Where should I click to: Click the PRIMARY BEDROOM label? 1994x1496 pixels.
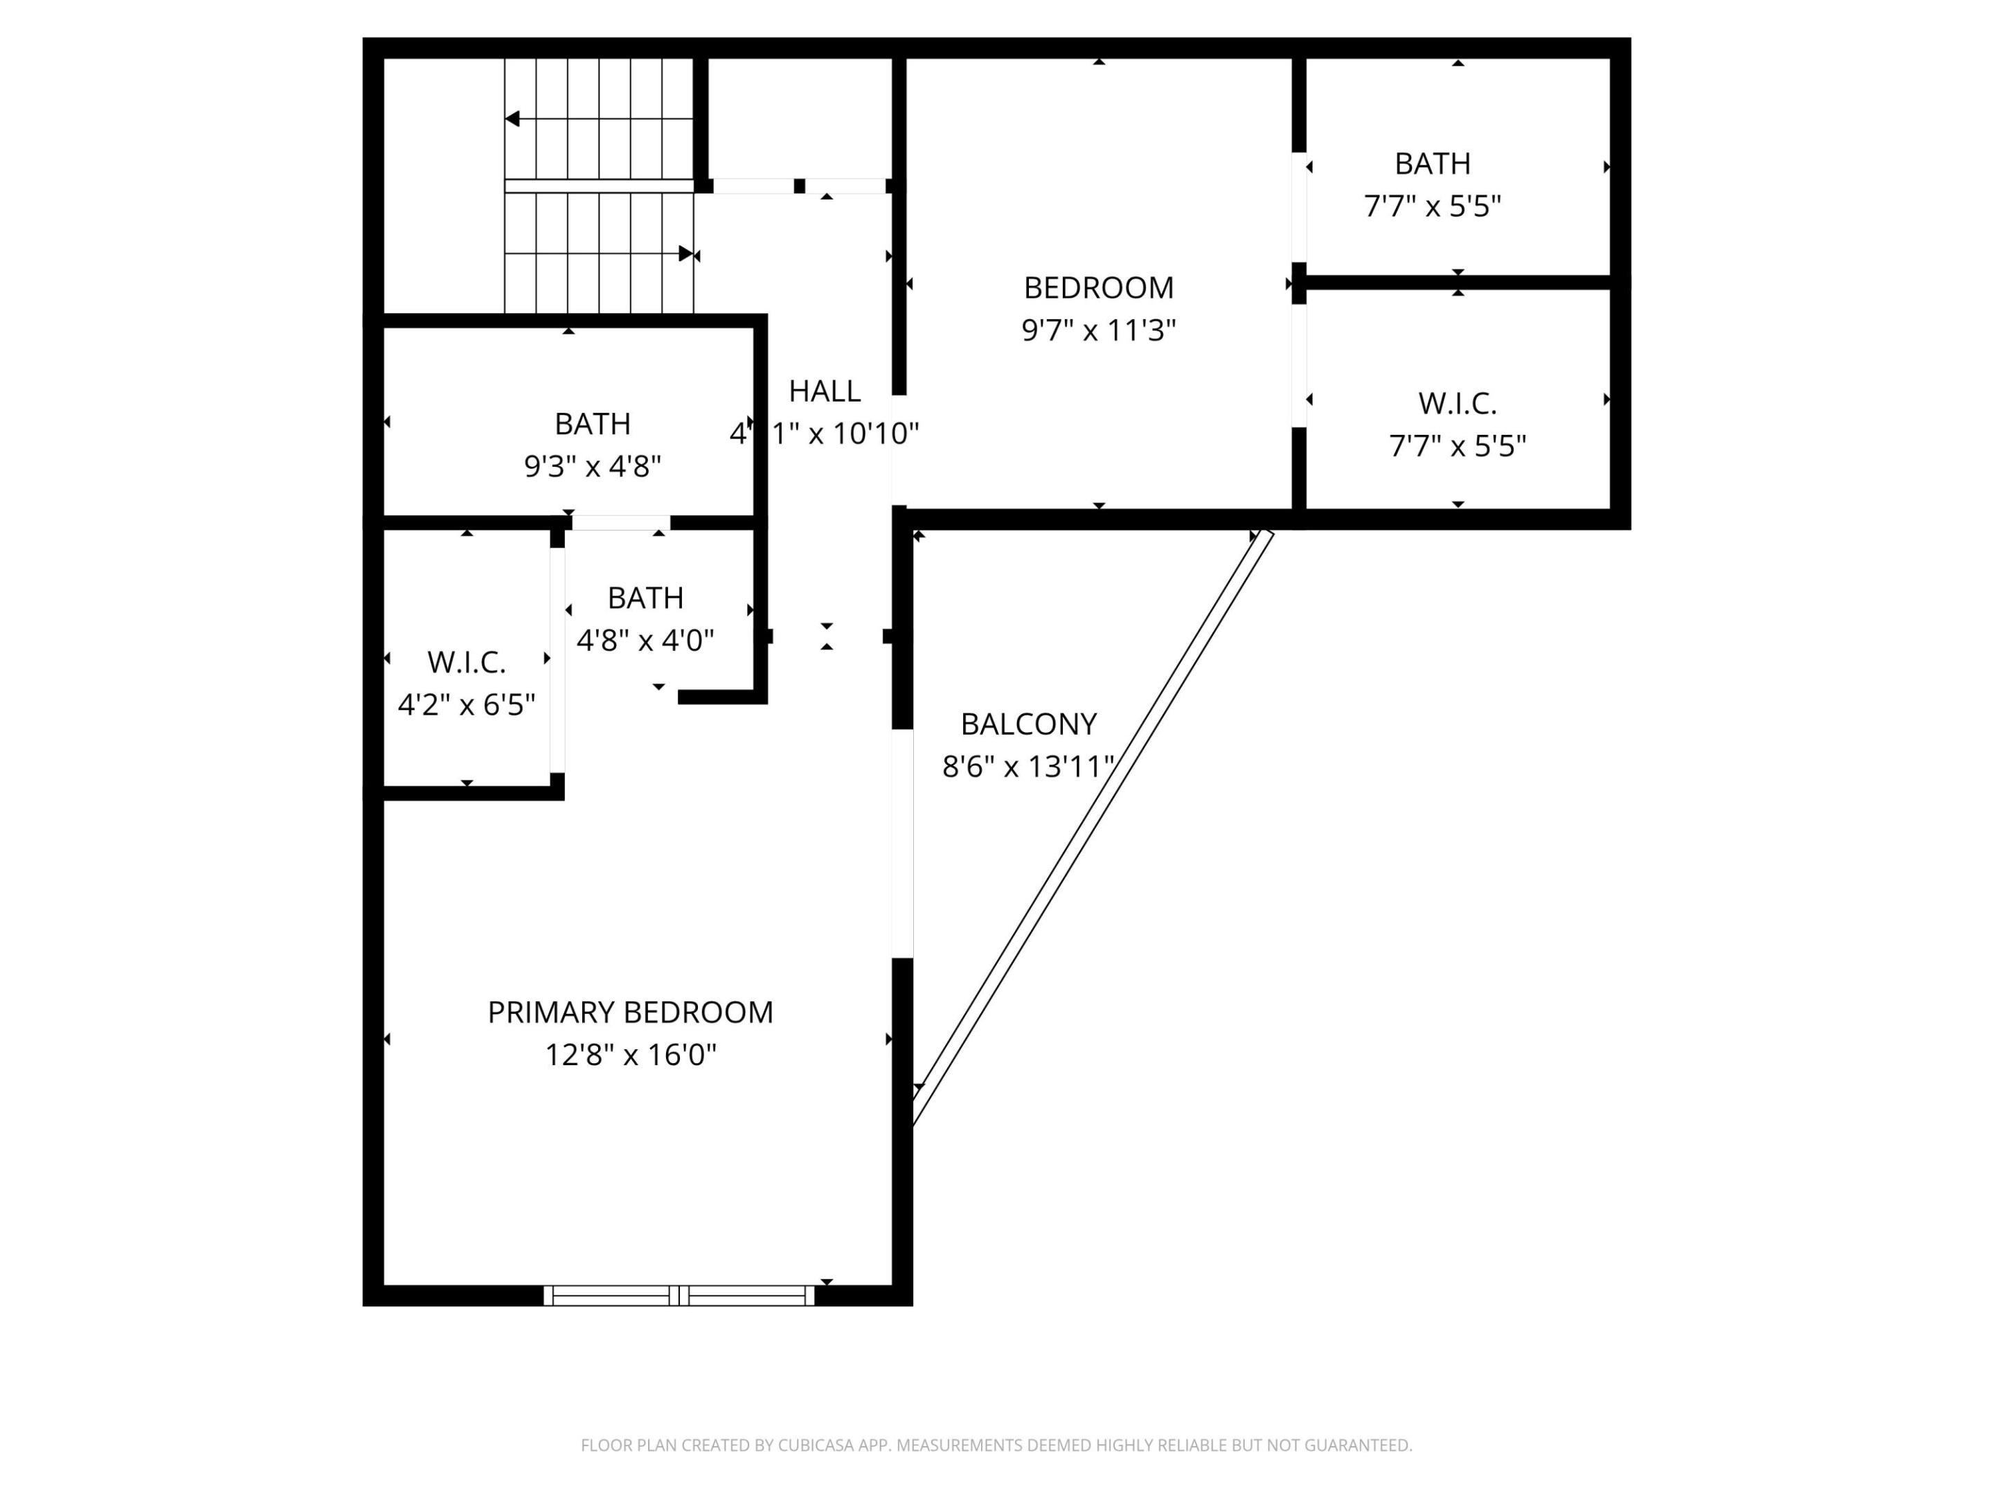630,1012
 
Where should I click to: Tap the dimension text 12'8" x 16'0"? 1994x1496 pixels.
630,1054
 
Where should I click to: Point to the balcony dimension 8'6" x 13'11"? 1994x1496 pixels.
1027,767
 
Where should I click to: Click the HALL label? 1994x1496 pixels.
824,391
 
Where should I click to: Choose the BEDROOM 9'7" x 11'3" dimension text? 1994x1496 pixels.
1098,330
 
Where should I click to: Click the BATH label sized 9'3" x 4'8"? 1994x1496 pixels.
592,424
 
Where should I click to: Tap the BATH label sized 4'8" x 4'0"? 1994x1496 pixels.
645,598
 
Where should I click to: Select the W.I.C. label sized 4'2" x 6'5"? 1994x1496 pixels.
466,663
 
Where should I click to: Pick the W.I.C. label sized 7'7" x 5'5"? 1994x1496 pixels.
1457,404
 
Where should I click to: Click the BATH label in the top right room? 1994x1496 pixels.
1432,164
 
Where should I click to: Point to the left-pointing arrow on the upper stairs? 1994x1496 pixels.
513,119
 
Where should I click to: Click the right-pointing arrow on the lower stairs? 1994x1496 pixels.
686,253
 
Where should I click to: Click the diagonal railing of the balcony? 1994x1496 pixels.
1093,827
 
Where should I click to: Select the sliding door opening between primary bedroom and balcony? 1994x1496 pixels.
902,843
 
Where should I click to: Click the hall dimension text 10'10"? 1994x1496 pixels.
874,434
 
